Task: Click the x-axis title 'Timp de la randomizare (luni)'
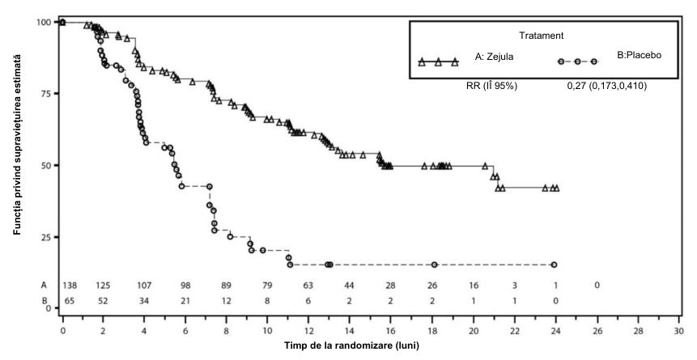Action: (x=351, y=345)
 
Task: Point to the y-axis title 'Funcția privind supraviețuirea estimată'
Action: (x=17, y=145)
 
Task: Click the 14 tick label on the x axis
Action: (x=350, y=331)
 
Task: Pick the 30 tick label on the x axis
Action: (x=678, y=331)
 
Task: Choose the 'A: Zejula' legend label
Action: (x=495, y=57)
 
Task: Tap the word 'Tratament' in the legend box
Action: (x=541, y=36)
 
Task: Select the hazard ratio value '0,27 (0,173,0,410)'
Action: (x=606, y=87)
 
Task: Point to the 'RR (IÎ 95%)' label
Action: (x=491, y=87)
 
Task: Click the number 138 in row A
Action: (x=70, y=285)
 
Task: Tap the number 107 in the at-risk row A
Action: (x=144, y=285)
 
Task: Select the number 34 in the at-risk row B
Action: (x=144, y=300)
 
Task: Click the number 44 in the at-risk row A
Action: (x=350, y=285)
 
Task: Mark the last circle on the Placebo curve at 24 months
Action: (x=554, y=265)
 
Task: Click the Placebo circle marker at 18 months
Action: (x=434, y=265)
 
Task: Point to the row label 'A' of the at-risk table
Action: (x=44, y=286)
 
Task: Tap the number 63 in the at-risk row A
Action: (x=308, y=285)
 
